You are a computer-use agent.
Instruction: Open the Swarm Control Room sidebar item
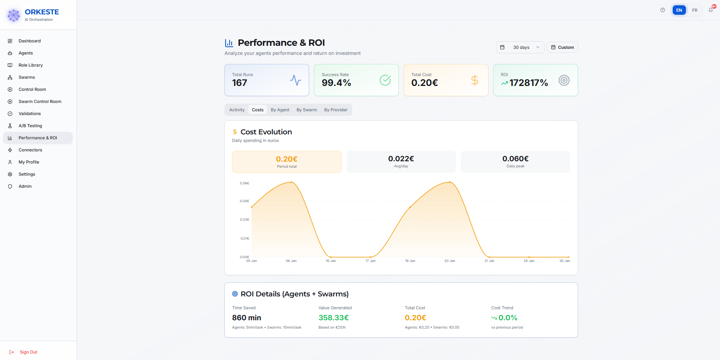tap(40, 101)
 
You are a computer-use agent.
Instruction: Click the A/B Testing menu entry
tap(30, 126)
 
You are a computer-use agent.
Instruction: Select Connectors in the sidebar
tap(30, 150)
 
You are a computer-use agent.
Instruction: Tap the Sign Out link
tap(28, 352)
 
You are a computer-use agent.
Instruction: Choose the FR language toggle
tap(695, 10)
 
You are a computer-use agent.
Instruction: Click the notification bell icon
tap(711, 10)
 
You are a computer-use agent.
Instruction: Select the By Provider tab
tap(336, 110)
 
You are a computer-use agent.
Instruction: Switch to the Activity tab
tap(237, 110)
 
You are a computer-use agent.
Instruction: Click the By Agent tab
tap(280, 110)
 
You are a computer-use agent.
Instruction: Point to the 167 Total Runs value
tap(239, 83)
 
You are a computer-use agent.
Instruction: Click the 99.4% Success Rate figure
tap(336, 83)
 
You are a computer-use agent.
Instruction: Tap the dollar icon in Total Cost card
tap(474, 80)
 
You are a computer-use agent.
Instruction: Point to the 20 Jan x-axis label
tap(449, 261)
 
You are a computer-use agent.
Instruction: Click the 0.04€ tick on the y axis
tap(244, 201)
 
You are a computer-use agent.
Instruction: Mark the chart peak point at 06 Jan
tap(291, 182)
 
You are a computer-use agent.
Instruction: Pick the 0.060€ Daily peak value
tap(515, 159)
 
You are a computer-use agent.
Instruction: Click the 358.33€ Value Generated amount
tap(333, 318)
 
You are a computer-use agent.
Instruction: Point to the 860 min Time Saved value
tap(246, 318)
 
